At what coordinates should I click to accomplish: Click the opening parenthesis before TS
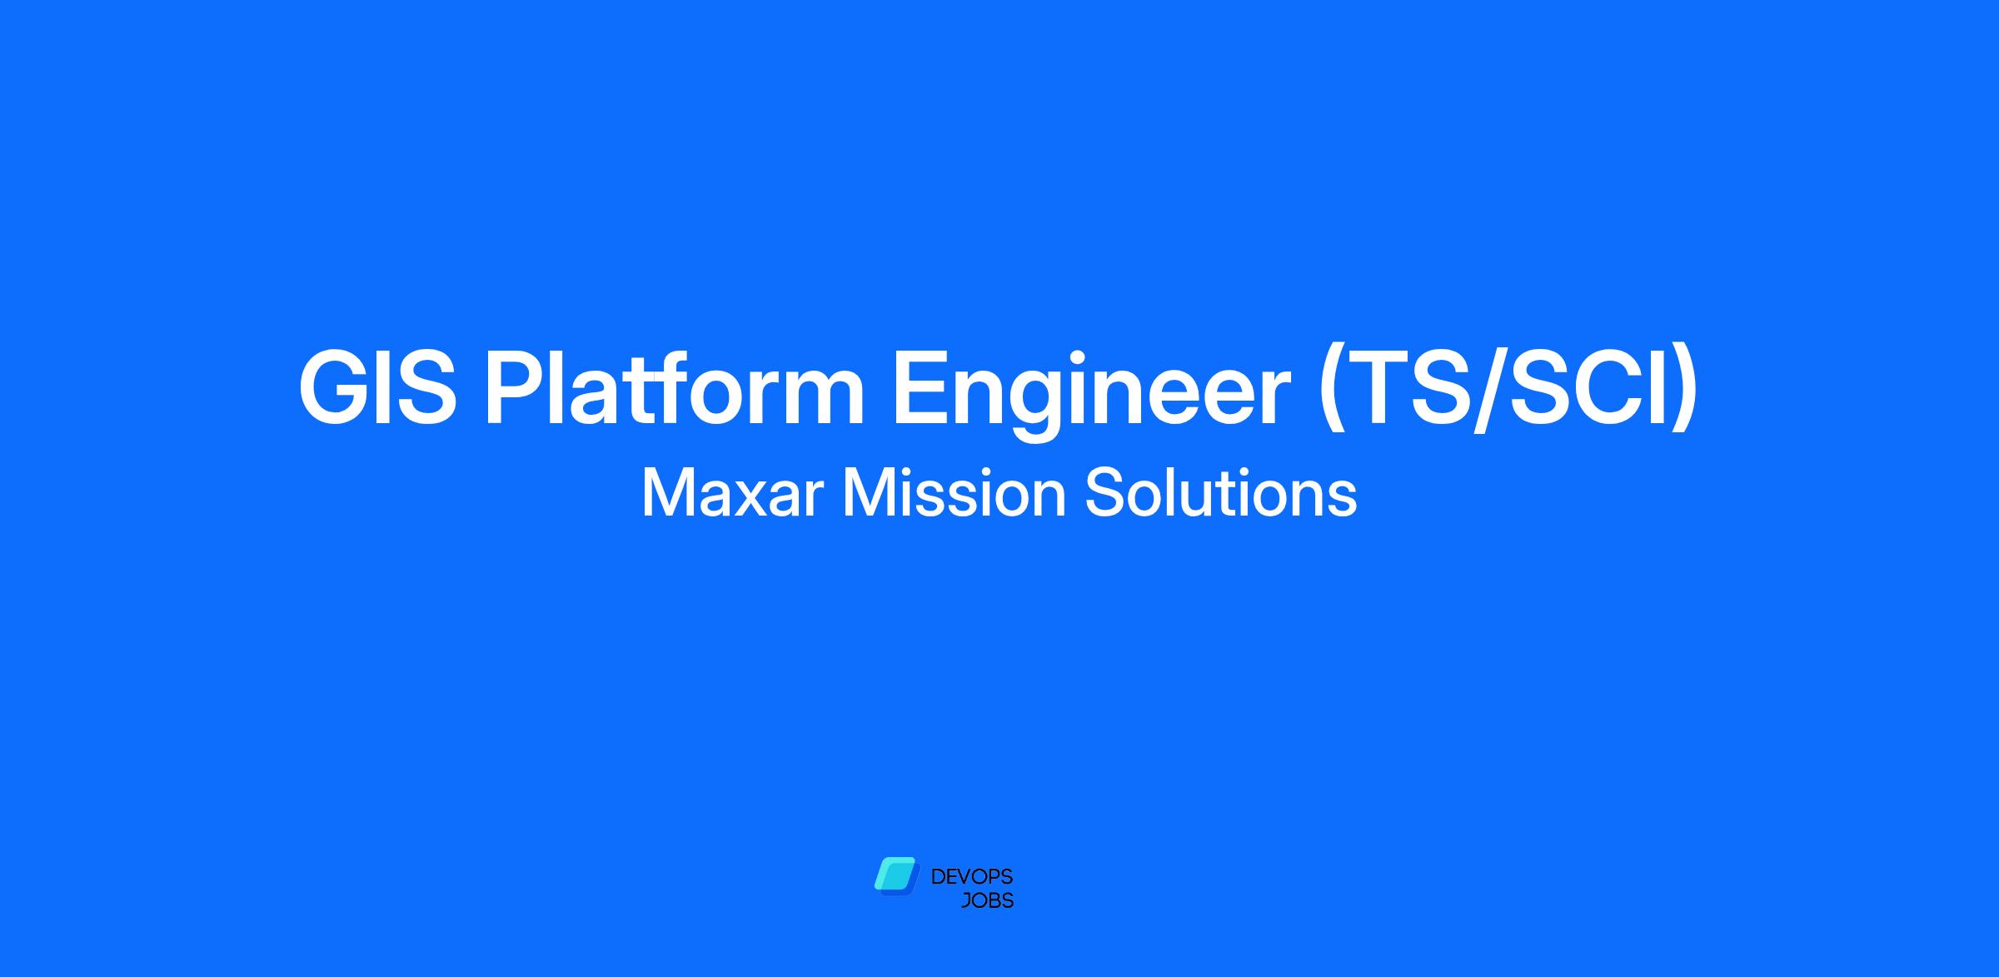pos(1332,390)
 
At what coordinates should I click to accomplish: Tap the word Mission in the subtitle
pos(955,495)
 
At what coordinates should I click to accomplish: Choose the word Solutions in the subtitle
pos(1221,495)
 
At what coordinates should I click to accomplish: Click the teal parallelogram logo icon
pos(895,876)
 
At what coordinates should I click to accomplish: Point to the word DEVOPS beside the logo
pos(972,876)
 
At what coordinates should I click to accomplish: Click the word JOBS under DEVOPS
pos(988,901)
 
